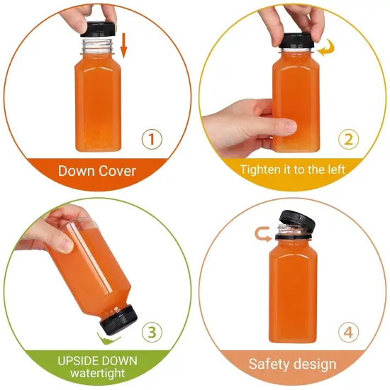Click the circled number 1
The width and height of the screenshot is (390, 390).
pos(151,138)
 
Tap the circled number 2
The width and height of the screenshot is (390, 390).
pos(347,138)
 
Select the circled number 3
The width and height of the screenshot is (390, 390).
pos(151,331)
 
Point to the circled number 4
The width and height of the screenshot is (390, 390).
pos(347,331)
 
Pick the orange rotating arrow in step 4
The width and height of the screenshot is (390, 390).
pos(261,230)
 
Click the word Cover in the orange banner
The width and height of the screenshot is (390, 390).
pos(116,171)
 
